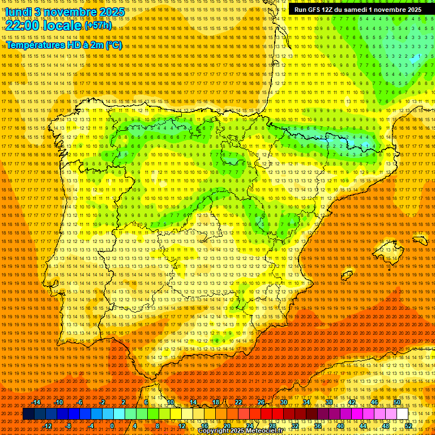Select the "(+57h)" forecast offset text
(98, 25)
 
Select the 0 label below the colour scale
(112, 426)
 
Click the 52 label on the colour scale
(408, 426)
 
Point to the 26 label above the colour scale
(261, 402)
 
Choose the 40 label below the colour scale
(340, 426)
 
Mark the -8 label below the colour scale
(69, 426)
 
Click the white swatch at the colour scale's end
(402, 414)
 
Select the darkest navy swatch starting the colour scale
(28, 414)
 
